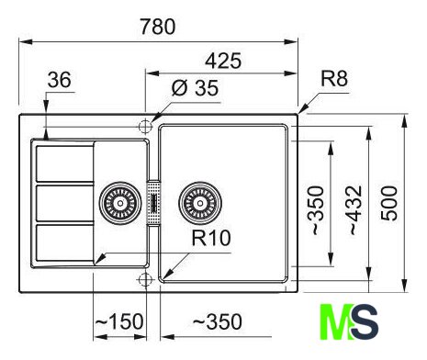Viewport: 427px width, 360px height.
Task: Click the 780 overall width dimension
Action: coord(158,27)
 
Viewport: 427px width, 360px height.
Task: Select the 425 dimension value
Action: coord(223,61)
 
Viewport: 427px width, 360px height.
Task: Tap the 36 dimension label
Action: coord(59,80)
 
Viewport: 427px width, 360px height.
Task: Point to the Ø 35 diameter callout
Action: coord(195,88)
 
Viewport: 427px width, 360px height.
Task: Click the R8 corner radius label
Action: coord(334,78)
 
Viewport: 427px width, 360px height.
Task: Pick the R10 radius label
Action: coord(211,238)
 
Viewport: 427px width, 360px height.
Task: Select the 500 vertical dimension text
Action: coord(389,203)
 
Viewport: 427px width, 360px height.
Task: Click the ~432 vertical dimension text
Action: coord(356,209)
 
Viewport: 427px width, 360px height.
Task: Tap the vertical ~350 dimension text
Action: coord(317,209)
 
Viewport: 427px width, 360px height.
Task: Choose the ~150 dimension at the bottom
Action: coord(119,321)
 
